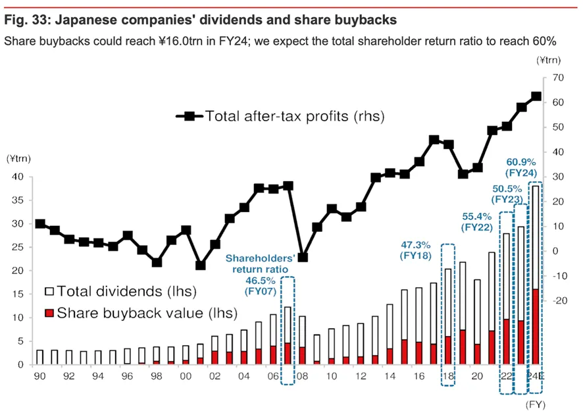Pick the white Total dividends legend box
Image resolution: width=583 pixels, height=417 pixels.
pyautogui.click(x=49, y=291)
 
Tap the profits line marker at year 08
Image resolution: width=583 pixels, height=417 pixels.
pyautogui.click(x=303, y=258)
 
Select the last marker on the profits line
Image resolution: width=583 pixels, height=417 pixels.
pyautogui.click(x=536, y=96)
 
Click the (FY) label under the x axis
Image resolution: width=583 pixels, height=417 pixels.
pyautogui.click(x=536, y=404)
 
